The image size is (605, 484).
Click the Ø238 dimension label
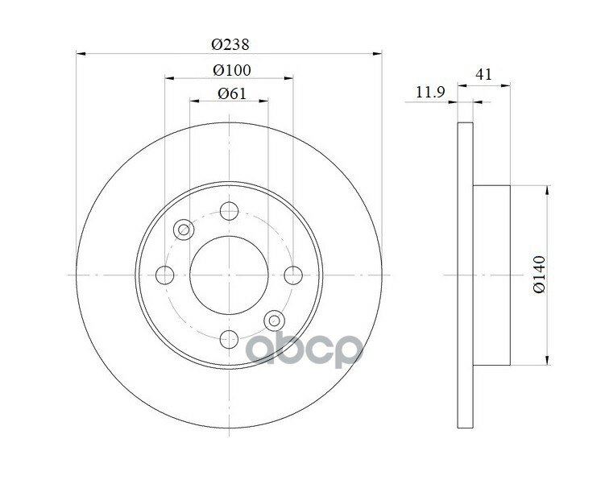(230, 45)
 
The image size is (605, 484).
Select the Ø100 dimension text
(232, 70)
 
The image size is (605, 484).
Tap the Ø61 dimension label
(231, 93)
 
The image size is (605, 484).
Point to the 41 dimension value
(484, 74)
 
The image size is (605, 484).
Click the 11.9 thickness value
(430, 92)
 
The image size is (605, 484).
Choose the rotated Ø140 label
(539, 274)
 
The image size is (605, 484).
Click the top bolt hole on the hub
(229, 211)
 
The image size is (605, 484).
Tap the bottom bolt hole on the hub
(229, 339)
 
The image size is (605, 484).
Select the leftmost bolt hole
(165, 275)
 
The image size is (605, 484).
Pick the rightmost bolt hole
(293, 275)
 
